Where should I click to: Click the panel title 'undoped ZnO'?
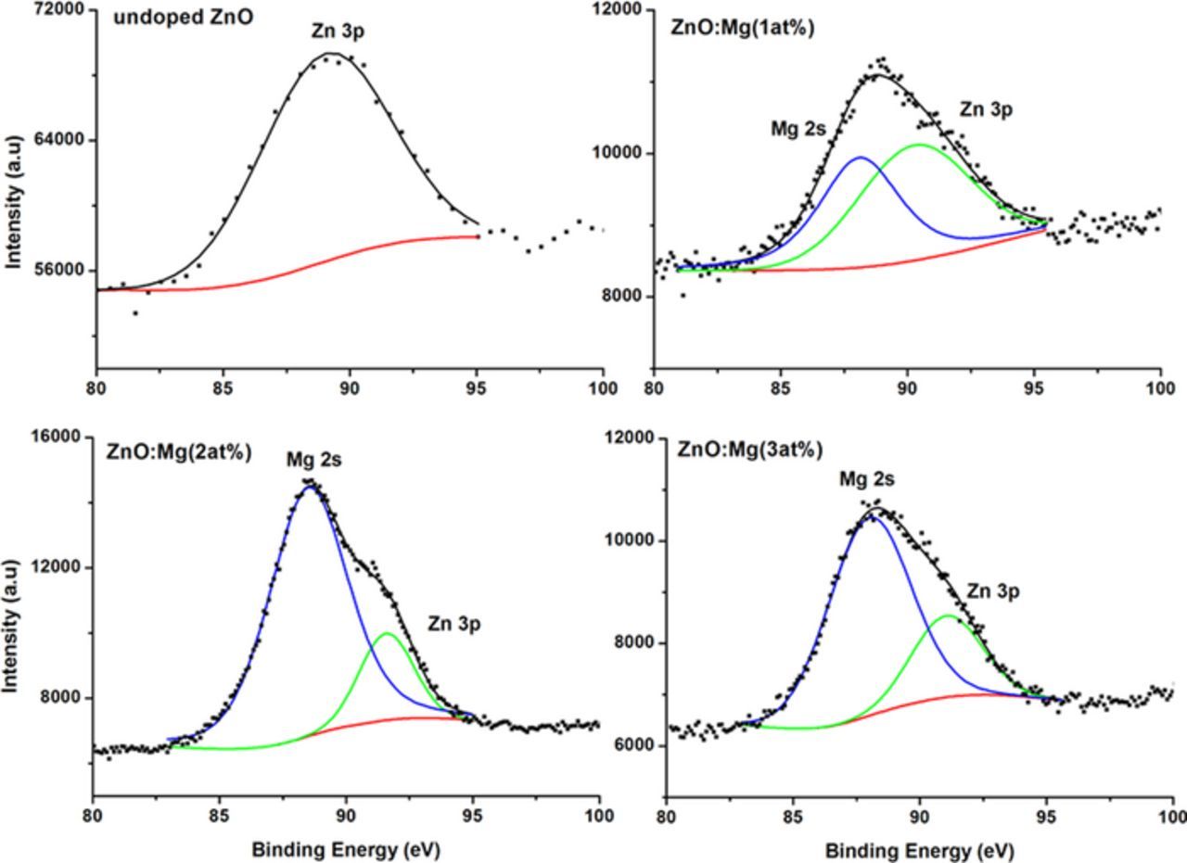coord(182,18)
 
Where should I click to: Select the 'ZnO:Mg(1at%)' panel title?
coord(742,28)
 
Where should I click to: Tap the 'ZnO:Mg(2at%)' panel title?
coord(179,453)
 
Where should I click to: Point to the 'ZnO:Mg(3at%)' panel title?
coord(749,451)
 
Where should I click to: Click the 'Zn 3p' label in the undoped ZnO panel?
coord(338,32)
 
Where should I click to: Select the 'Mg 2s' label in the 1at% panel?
coord(798,129)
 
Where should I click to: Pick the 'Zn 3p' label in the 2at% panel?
coord(454,624)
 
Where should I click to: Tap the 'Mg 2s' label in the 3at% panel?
coord(867,479)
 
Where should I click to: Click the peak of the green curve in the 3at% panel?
coord(948,616)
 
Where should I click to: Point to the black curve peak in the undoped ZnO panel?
coord(330,54)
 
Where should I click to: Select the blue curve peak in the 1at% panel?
coord(862,158)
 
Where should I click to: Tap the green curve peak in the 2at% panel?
coord(387,634)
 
